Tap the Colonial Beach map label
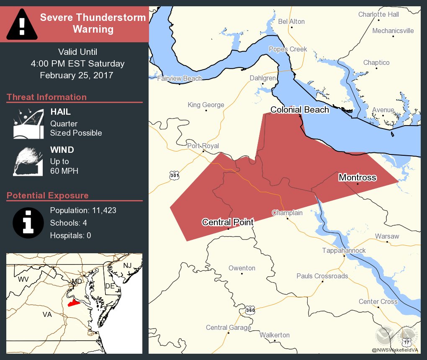coord(299,110)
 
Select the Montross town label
coord(357,177)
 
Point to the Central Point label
coord(228,222)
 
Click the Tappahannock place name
coord(344,250)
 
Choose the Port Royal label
coord(203,146)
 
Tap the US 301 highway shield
coord(175,175)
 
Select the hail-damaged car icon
coord(28,124)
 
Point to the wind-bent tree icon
coord(28,161)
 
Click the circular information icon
coord(28,222)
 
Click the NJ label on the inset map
coord(127,266)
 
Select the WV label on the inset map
coord(23,279)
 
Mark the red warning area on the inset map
coord(74,303)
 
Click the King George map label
coord(206,105)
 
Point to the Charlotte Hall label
coord(378,14)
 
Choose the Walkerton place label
coord(274,335)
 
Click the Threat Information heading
coord(46,97)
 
